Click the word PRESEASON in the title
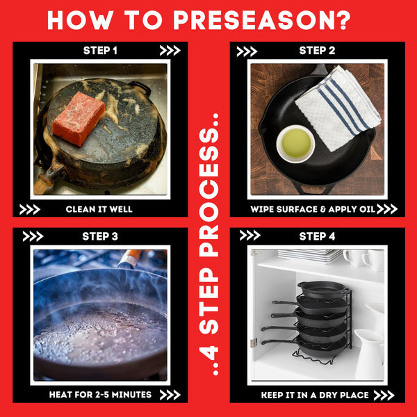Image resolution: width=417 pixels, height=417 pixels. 253,20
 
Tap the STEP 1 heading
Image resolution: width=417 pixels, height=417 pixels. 100,51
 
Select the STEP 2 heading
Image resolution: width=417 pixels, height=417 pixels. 317,51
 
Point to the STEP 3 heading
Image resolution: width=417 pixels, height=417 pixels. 100,236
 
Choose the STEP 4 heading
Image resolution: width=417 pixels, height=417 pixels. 317,236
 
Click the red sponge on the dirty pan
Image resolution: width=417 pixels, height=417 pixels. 79,118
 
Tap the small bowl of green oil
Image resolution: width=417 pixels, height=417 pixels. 295,144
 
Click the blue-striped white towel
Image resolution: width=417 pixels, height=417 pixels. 338,108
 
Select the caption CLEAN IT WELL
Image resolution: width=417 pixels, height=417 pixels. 99,209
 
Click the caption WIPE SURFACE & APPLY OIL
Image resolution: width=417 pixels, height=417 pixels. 313,209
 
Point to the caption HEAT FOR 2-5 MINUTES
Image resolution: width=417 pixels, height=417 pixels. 100,395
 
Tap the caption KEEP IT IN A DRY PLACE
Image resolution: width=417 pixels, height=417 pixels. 315,395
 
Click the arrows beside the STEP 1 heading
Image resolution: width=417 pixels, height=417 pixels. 170,51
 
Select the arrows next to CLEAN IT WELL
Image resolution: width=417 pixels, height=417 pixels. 29,210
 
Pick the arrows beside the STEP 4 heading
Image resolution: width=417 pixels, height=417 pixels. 250,236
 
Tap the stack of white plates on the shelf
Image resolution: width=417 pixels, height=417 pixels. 310,255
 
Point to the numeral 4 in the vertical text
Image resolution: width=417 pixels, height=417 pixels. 208,350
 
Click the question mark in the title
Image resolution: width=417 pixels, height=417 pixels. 343,20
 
